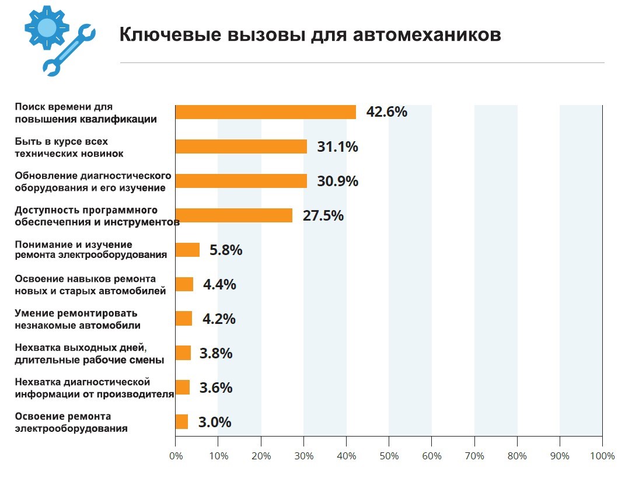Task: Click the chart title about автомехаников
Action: tap(310, 35)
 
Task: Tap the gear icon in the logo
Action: tap(47, 27)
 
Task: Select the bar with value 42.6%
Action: tap(266, 112)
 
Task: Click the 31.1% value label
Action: tap(337, 146)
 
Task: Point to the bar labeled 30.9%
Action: tap(241, 181)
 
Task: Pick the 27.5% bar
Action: tap(233, 215)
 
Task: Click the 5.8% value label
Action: tap(226, 250)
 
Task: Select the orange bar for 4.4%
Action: tap(184, 284)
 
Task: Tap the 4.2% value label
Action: tap(219, 319)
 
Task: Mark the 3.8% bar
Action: tap(183, 353)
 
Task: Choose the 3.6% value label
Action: tap(216, 388)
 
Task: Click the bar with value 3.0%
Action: tap(181, 422)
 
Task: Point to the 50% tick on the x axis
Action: tap(389, 456)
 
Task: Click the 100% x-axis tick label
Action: tap(602, 456)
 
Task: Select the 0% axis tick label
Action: tap(175, 456)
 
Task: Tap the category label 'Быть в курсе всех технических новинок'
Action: tap(69, 147)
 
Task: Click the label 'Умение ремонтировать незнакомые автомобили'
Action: tap(78, 319)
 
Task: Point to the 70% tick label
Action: tap(474, 456)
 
